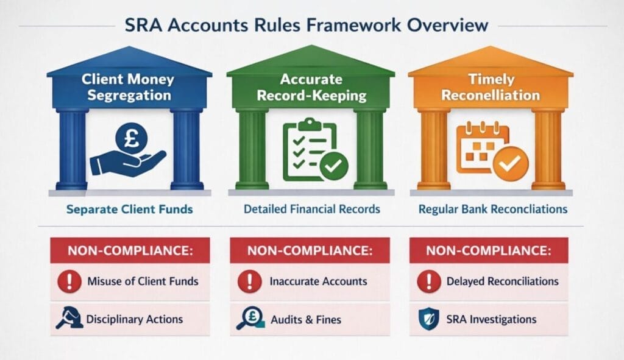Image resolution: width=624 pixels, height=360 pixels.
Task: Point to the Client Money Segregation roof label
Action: point(129,86)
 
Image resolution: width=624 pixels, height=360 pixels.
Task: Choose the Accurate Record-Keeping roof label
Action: point(310,86)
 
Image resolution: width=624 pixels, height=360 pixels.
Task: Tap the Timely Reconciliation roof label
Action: point(491,86)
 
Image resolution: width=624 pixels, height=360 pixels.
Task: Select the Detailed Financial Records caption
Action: point(311,209)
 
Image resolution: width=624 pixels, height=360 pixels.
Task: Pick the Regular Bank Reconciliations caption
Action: point(493,209)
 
